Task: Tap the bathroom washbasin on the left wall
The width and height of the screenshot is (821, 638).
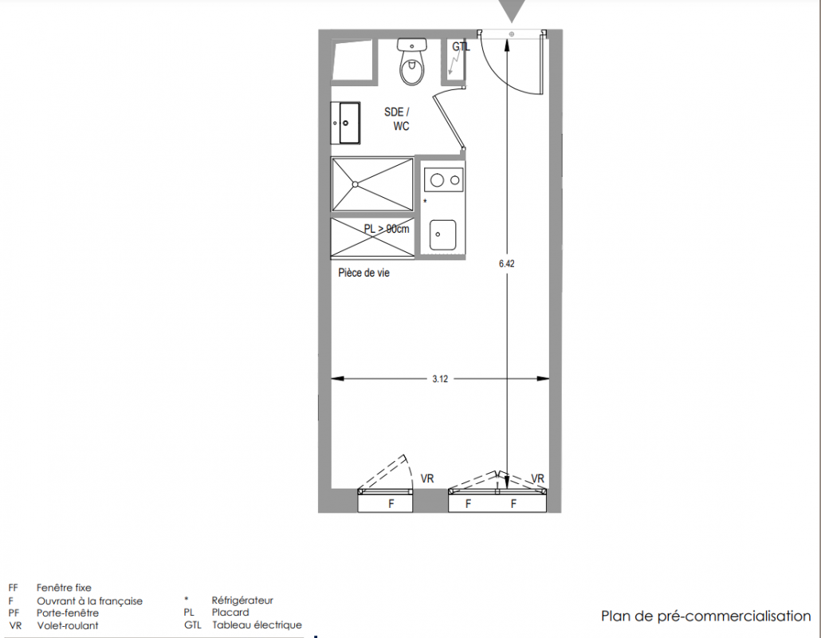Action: point(346,123)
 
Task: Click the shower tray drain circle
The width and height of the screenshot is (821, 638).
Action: point(355,184)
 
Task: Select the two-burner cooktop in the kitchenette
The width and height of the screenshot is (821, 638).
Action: point(444,180)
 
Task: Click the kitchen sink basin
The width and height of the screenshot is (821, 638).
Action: point(442,234)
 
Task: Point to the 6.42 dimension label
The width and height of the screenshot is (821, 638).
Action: point(506,264)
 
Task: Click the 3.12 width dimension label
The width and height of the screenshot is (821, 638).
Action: point(440,379)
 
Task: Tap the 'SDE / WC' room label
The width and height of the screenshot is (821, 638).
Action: point(398,119)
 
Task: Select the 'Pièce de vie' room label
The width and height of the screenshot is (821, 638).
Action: point(364,273)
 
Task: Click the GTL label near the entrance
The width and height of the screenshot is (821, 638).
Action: point(461,46)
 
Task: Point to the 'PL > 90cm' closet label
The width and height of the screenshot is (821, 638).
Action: point(387,229)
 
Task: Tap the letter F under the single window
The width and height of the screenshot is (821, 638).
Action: point(391,504)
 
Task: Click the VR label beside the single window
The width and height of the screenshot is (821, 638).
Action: point(427,478)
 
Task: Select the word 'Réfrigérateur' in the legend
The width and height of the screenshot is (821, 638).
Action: point(242,601)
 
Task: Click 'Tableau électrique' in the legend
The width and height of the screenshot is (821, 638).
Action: point(257,625)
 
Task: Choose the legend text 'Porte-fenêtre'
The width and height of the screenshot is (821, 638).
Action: point(68,612)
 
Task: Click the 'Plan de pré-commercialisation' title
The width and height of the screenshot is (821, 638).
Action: point(705,616)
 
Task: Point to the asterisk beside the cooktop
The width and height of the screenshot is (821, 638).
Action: point(425,202)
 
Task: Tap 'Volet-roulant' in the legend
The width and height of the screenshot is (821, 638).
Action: point(68,625)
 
